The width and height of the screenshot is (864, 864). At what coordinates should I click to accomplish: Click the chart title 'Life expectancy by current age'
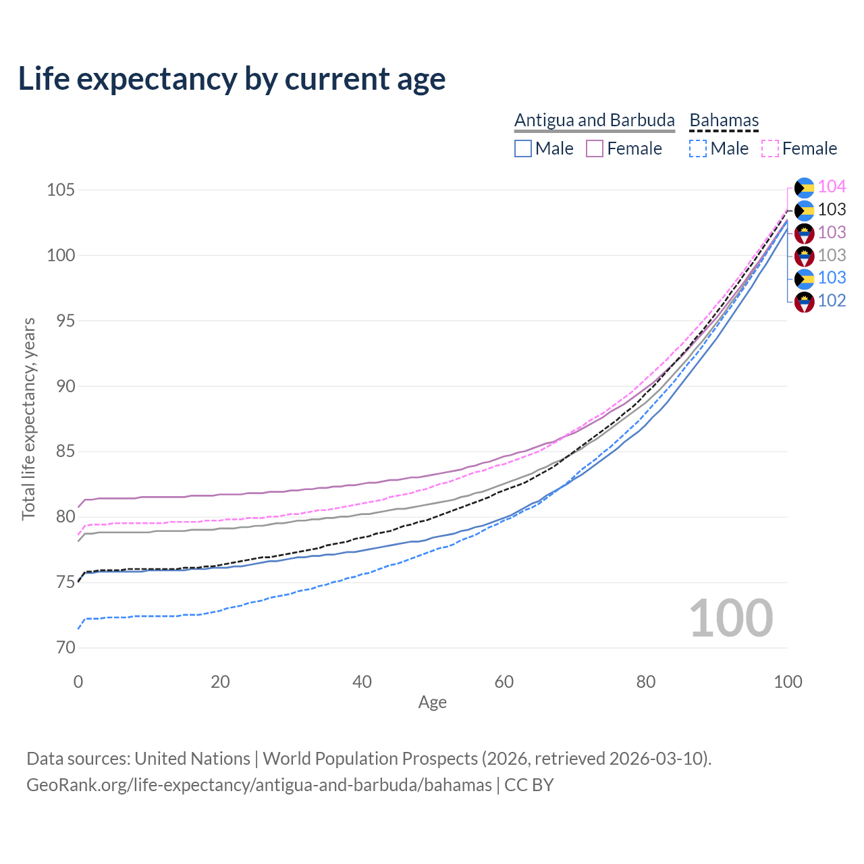tap(232, 79)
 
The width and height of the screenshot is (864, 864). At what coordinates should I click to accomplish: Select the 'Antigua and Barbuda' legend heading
tap(594, 120)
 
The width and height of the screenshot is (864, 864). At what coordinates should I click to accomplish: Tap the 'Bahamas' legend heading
tap(724, 120)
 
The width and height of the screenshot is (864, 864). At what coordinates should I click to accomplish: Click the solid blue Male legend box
tap(523, 148)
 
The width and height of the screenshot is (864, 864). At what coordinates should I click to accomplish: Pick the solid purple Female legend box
tap(595, 148)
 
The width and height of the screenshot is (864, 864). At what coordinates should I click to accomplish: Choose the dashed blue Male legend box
tap(698, 148)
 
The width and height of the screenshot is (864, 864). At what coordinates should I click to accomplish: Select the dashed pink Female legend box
tap(770, 148)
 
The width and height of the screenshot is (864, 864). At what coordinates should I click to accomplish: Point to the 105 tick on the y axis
tap(60, 190)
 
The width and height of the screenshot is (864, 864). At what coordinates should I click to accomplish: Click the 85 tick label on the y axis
tap(60, 452)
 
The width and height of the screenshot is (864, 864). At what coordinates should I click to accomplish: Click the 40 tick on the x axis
tap(362, 682)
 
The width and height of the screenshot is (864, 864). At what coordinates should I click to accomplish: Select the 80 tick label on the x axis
tap(646, 682)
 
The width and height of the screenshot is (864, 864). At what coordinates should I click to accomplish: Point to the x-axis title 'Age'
tap(432, 703)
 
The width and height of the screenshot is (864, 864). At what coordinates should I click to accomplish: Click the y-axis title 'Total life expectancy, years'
tap(28, 418)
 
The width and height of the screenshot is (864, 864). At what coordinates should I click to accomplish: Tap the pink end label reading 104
tap(832, 187)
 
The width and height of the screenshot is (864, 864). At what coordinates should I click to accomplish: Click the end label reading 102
tap(832, 301)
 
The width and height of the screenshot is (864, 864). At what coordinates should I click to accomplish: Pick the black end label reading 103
tap(832, 210)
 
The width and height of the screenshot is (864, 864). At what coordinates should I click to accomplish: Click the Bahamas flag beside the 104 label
tap(804, 188)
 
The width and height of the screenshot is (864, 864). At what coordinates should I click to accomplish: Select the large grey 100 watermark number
tap(731, 618)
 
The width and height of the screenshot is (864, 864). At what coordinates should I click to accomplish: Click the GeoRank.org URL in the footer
tap(259, 785)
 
